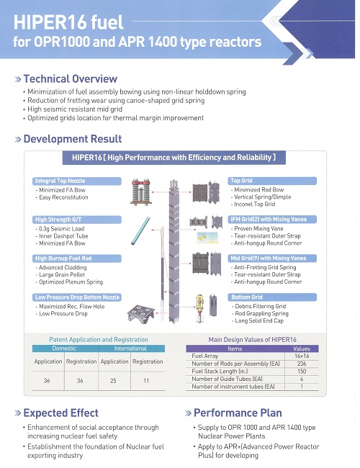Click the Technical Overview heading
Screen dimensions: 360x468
coord(70,78)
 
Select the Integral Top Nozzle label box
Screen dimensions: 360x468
coord(77,181)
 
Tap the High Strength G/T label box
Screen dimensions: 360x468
coord(77,220)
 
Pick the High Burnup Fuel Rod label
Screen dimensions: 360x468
coord(77,258)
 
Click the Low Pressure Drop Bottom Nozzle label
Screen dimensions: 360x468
coord(77,297)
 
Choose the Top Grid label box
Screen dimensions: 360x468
coord(272,181)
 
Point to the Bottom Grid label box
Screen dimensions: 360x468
coord(272,297)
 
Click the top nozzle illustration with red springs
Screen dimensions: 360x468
coord(141,192)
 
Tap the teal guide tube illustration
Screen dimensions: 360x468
coord(140,230)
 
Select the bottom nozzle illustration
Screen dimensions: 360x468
coord(141,313)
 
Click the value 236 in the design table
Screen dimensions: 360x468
coord(302,364)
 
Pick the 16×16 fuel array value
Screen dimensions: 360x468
coord(302,356)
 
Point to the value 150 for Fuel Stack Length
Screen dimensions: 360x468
coord(302,372)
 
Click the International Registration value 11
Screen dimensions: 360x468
coord(146,381)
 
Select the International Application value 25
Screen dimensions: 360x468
coord(113,381)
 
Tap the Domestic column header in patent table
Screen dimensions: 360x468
coord(64,348)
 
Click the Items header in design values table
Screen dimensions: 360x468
coord(235,348)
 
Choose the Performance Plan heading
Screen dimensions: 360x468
coord(238,413)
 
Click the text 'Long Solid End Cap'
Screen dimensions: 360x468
coord(259,321)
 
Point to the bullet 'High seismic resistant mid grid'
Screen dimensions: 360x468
coord(75,109)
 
